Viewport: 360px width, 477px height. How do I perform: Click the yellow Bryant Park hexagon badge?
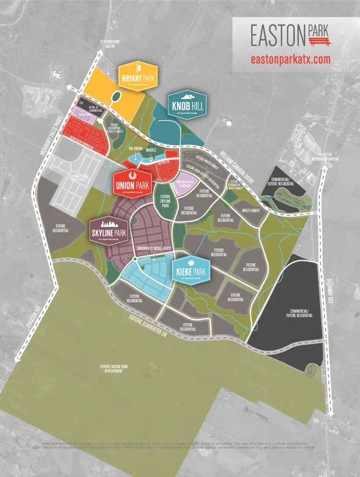coord(138,75)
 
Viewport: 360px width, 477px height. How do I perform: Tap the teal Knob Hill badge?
coord(188,105)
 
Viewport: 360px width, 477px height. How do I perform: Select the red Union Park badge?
coord(132,183)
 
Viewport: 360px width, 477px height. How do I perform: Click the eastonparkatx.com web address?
coord(290,59)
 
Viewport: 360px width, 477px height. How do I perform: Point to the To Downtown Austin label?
coord(109,44)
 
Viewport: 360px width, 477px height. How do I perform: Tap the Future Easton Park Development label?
coord(114,368)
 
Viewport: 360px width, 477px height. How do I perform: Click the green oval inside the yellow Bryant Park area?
coord(115,97)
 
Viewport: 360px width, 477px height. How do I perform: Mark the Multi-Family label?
coord(251,210)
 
